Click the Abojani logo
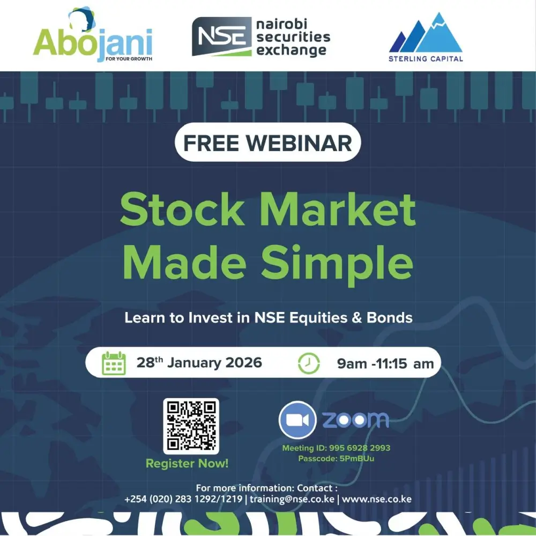(x=92, y=38)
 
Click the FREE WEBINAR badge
(x=268, y=143)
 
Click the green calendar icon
(x=114, y=363)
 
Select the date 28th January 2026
(x=199, y=362)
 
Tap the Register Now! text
(x=187, y=464)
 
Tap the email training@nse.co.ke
(x=292, y=498)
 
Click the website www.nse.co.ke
(x=377, y=498)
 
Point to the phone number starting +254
(x=183, y=498)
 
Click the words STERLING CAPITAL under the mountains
(x=426, y=58)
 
